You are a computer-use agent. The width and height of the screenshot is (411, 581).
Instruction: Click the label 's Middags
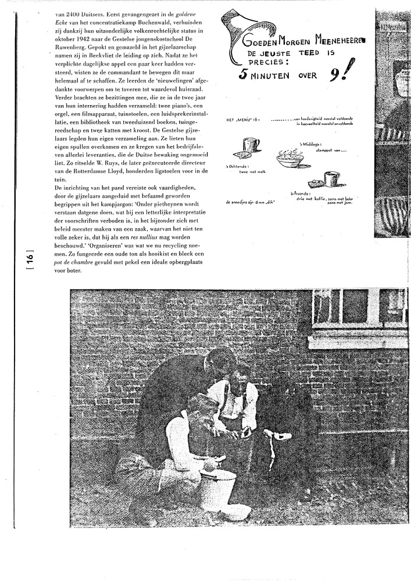[x=310, y=143]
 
